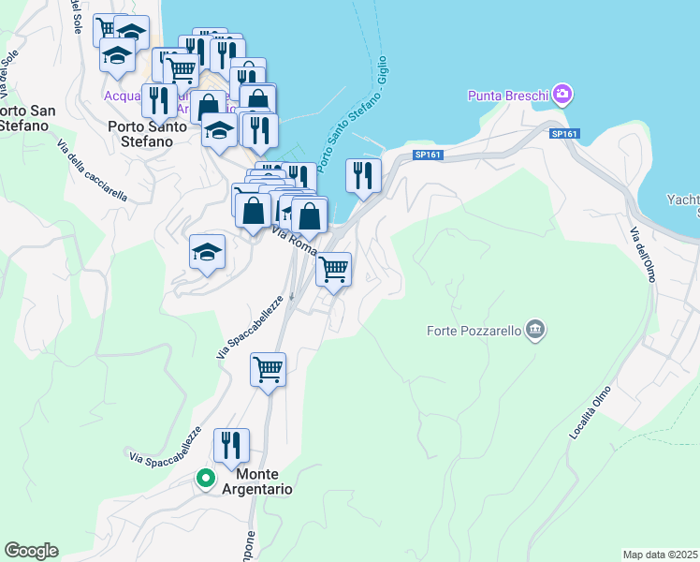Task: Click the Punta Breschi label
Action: click(x=508, y=95)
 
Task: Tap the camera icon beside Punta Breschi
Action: click(x=562, y=94)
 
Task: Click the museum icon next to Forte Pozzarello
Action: click(x=535, y=329)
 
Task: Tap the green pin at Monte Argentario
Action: click(x=206, y=480)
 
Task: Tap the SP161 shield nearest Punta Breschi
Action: click(x=565, y=135)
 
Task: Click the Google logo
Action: click(x=31, y=551)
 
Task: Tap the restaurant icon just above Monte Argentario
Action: click(x=231, y=445)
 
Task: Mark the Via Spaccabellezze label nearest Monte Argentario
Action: click(x=166, y=445)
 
